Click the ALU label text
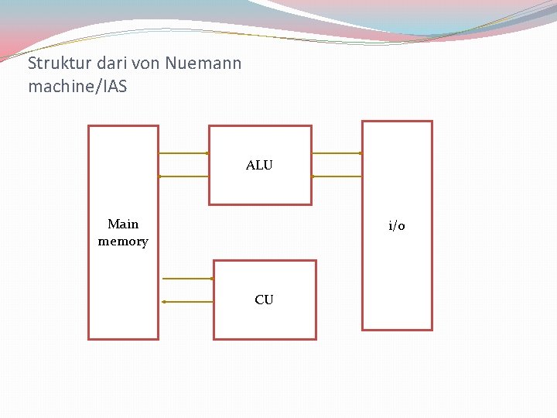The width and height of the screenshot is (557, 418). coord(259,166)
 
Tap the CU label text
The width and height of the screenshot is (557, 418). coord(264,300)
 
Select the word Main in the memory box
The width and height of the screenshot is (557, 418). coord(123,224)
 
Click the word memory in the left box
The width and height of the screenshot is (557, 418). coord(123,242)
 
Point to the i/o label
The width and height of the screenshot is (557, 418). coord(397,226)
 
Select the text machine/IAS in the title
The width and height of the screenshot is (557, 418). coord(77,87)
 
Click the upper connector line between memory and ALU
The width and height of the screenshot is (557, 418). coord(183,153)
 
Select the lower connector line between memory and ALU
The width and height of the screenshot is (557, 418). coord(183,176)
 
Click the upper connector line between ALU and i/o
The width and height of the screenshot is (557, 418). coord(337,153)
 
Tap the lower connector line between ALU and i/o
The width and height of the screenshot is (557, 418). coord(337,176)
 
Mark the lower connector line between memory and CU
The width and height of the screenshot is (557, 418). coord(187,302)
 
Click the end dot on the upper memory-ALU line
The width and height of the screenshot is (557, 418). coord(207,153)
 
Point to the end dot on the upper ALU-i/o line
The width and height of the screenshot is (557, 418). coord(361,153)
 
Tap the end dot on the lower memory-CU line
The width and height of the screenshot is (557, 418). coord(164,302)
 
